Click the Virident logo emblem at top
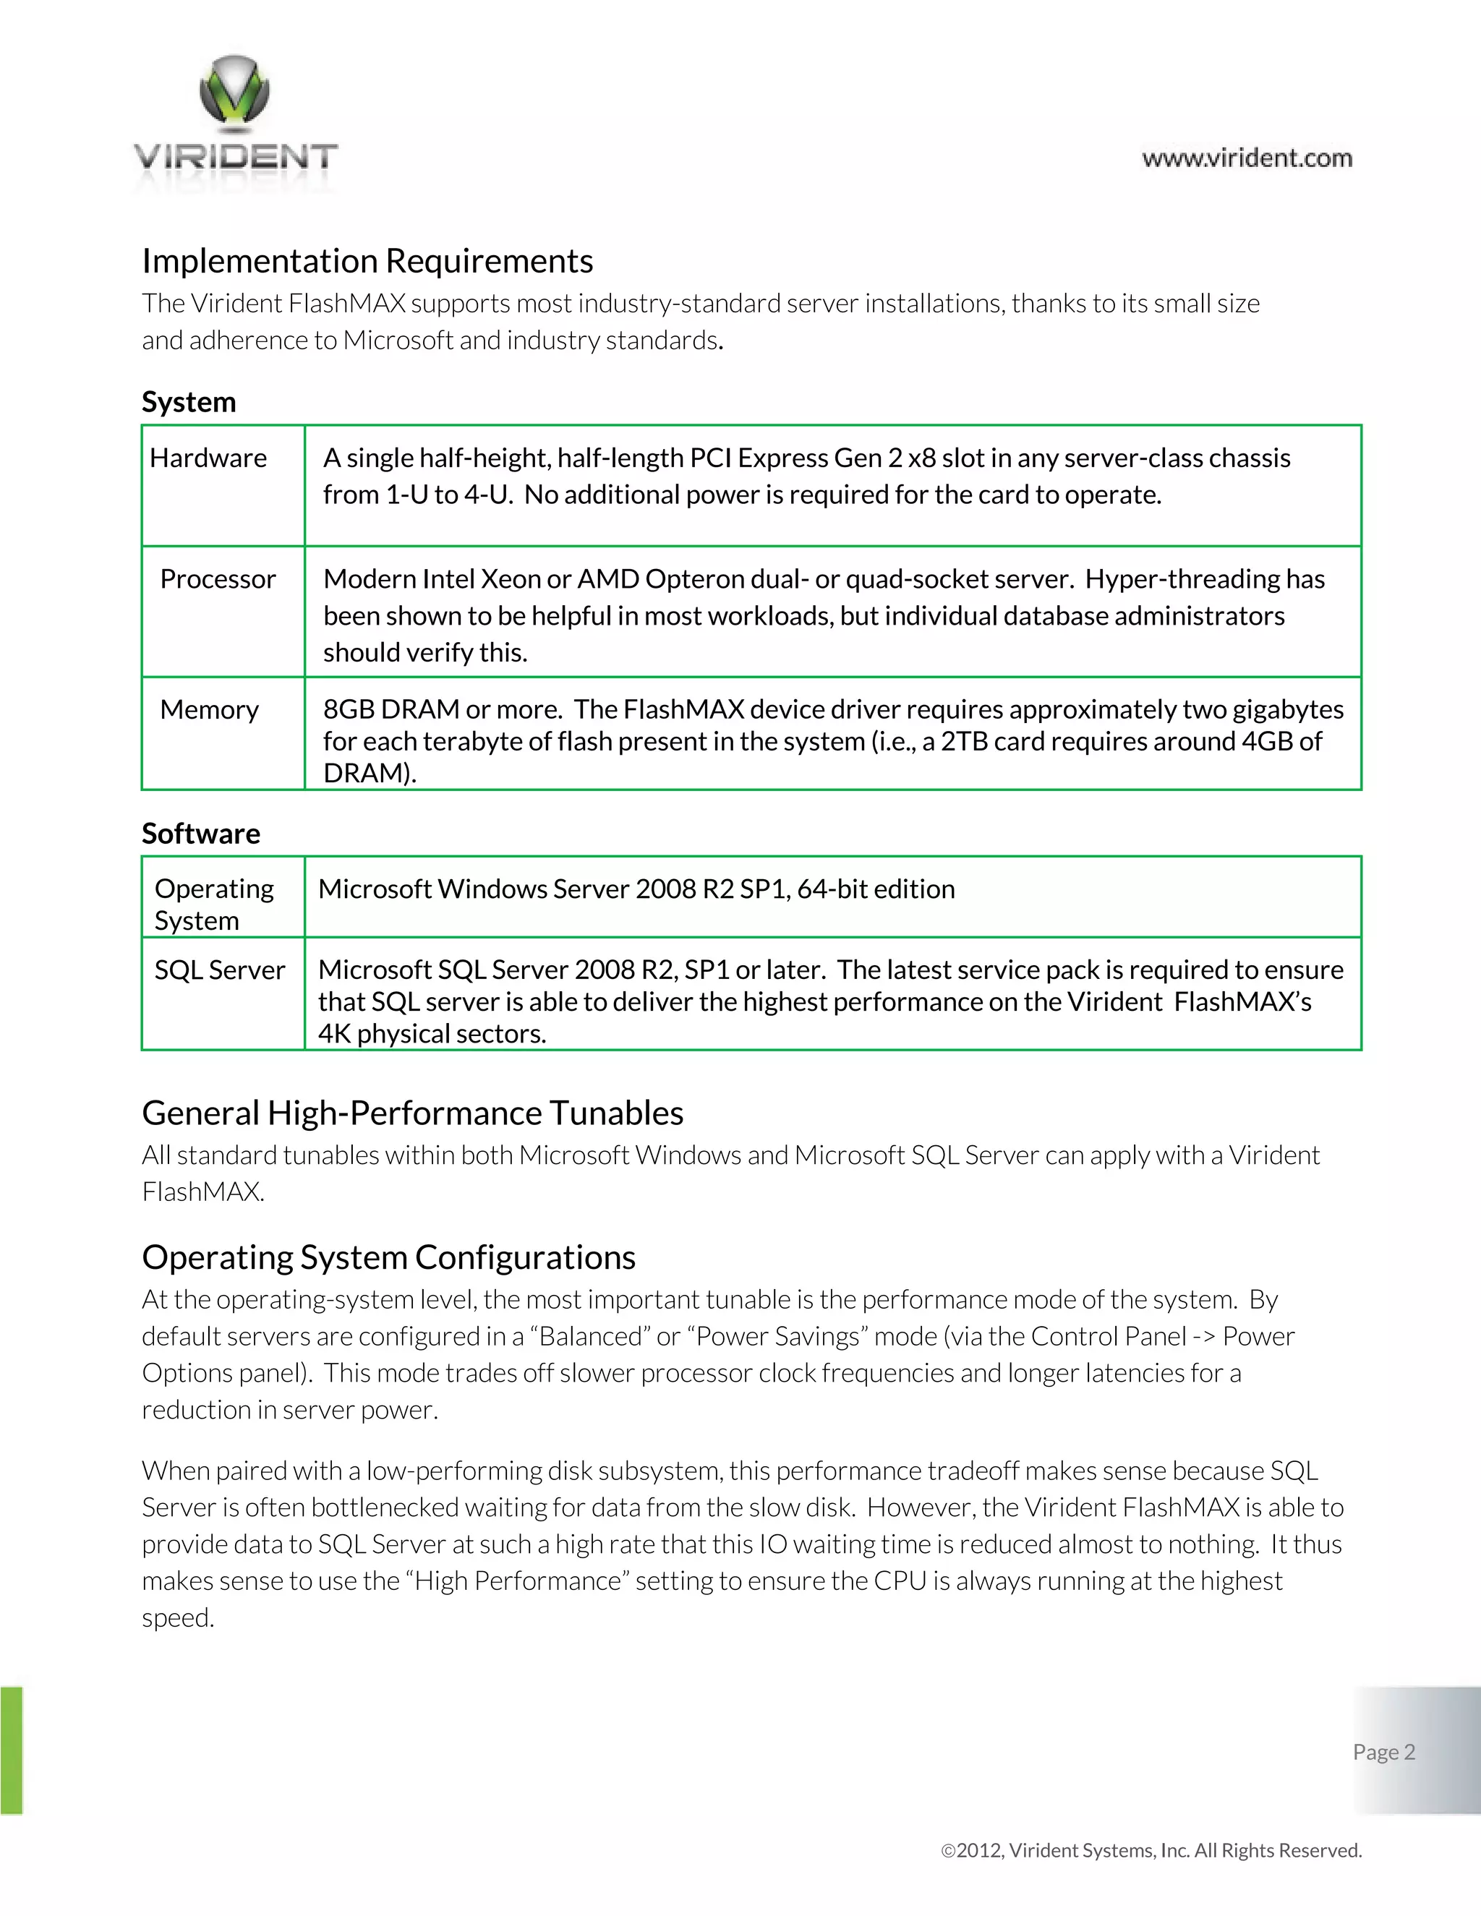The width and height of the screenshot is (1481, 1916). click(x=234, y=90)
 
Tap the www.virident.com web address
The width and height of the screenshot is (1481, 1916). click(x=1247, y=159)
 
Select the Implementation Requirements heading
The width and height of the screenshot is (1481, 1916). click(x=367, y=262)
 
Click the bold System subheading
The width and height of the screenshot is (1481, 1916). click(x=189, y=402)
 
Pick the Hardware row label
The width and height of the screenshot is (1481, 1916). click(x=208, y=458)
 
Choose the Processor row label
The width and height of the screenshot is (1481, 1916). click(x=218, y=579)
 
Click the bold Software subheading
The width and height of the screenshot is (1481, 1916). click(x=201, y=834)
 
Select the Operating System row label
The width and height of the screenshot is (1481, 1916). click(x=213, y=904)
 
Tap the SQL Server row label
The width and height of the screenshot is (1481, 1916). click(x=219, y=970)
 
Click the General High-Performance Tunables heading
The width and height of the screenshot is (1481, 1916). click(x=412, y=1113)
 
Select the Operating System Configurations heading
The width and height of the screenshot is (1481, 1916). click(x=388, y=1257)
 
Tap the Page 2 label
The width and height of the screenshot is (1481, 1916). click(x=1383, y=1752)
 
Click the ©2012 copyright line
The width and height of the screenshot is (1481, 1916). click(x=1151, y=1850)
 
